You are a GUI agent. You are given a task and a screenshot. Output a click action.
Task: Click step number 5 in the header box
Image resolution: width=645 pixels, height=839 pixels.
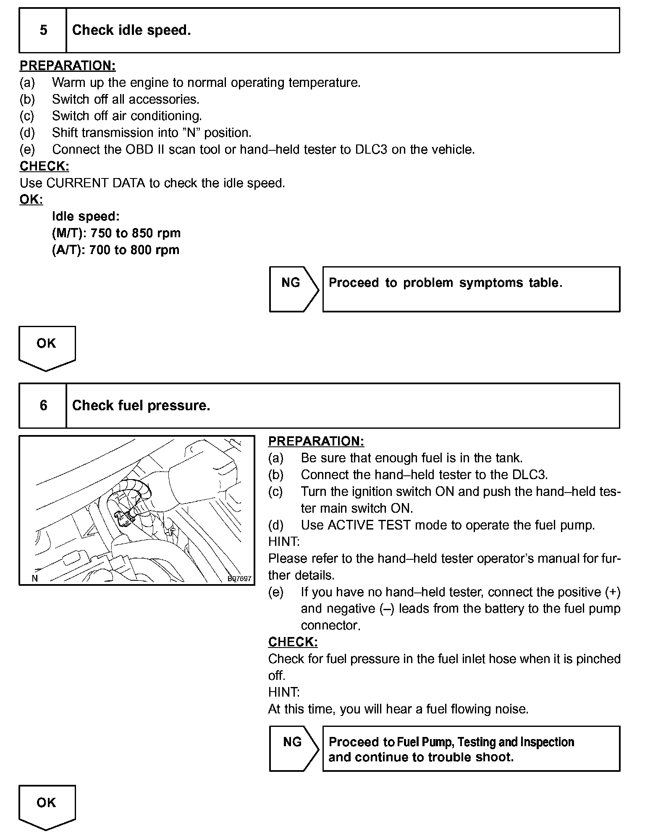coord(43,30)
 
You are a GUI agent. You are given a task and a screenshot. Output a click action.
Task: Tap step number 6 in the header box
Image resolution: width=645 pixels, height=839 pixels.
coord(43,405)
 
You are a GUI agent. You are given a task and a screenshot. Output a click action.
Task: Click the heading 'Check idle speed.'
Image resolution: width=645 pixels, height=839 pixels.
coord(131,30)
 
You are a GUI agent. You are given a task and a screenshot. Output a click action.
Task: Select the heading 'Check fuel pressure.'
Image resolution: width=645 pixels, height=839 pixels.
coord(141,405)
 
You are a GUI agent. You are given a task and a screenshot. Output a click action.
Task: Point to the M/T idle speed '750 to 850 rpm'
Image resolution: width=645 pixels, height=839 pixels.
coord(136,233)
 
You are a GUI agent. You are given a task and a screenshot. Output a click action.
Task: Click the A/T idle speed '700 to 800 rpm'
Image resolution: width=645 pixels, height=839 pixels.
coord(134,250)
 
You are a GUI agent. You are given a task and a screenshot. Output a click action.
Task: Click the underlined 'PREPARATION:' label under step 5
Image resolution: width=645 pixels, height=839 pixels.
coord(68,66)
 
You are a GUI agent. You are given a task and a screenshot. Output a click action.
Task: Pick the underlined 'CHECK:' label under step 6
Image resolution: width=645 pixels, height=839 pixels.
coord(293,642)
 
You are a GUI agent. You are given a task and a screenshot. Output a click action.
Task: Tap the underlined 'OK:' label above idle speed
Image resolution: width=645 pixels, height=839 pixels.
coord(31,199)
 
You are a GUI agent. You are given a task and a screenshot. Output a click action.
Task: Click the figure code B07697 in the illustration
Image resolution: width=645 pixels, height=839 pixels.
coord(239,579)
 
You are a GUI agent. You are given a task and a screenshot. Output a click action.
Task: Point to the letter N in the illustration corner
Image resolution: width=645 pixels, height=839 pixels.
coord(35,578)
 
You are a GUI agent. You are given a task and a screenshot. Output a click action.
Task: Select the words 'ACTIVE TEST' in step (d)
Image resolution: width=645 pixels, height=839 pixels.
coord(368,525)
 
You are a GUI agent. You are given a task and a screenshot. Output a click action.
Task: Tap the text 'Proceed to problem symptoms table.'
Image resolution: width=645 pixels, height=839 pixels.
coord(445,283)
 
